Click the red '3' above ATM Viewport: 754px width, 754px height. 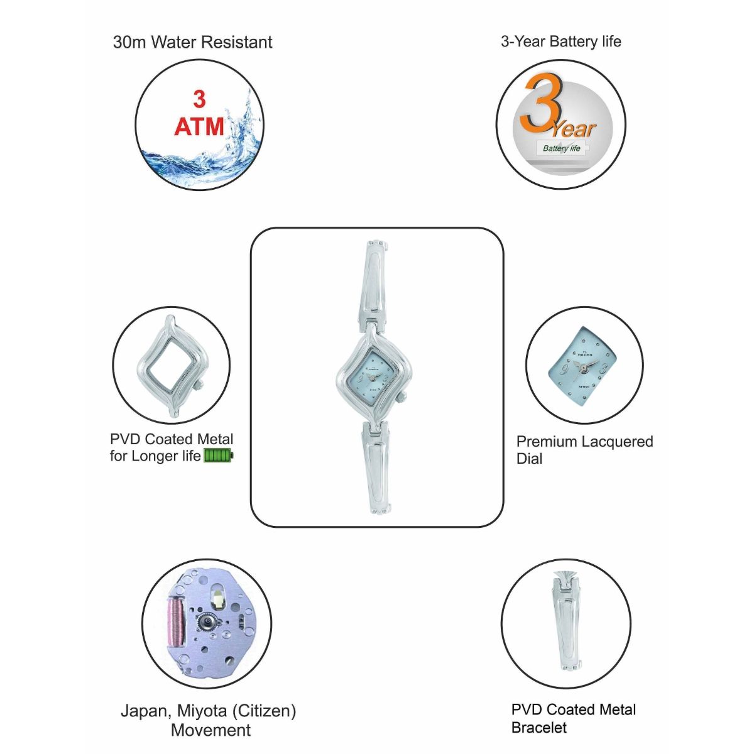point(199,99)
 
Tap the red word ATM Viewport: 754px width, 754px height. point(199,127)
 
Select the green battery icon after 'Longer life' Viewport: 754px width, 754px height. point(218,456)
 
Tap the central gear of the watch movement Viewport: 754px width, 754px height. point(206,624)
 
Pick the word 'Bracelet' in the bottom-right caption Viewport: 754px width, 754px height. point(539,728)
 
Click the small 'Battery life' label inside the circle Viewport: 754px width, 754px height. point(561,149)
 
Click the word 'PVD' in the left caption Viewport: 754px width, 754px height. point(125,439)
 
